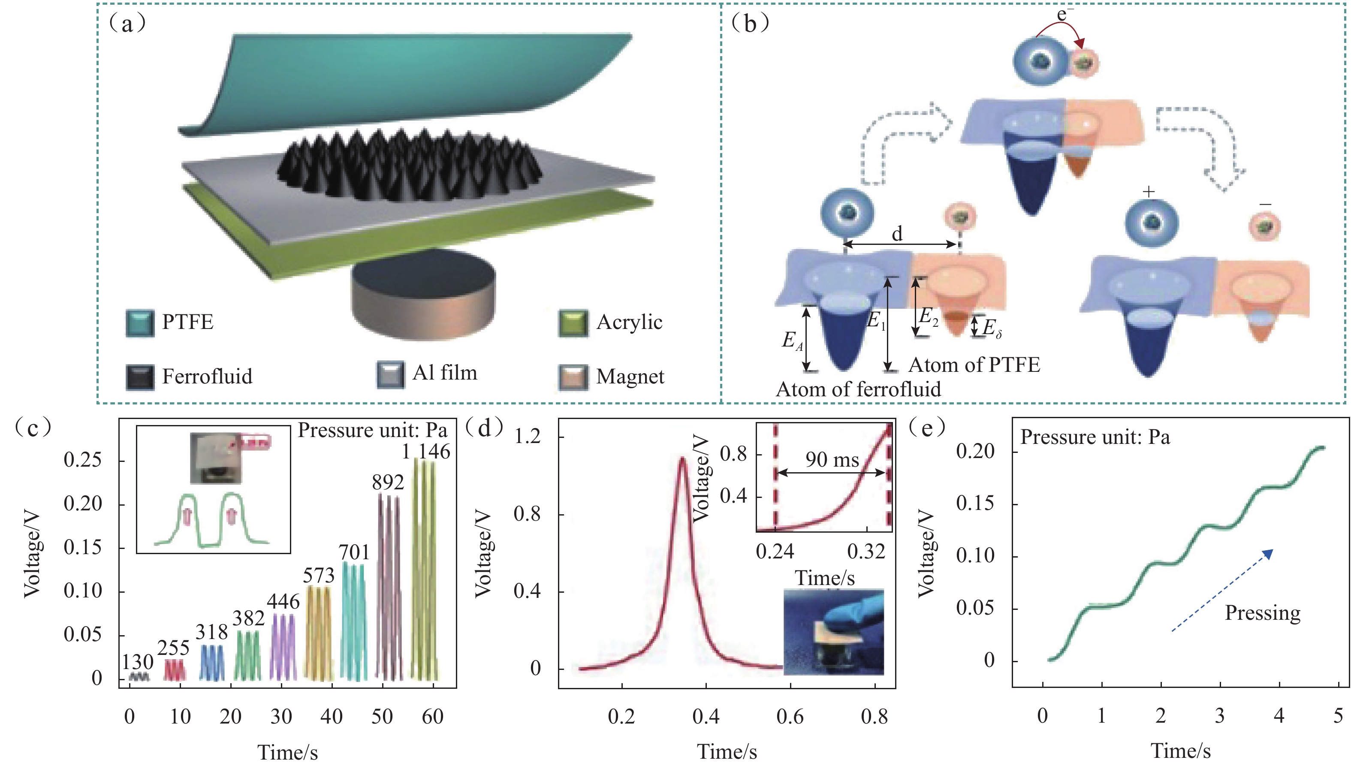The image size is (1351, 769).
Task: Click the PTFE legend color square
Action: pos(140,323)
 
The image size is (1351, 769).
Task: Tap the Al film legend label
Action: pos(445,373)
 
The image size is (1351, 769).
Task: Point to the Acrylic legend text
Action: pos(629,322)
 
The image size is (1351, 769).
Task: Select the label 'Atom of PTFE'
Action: pos(974,365)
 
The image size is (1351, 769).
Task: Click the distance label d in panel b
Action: pos(897,233)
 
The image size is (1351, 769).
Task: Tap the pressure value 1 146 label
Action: pos(426,452)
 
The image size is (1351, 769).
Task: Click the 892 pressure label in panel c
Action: pos(388,482)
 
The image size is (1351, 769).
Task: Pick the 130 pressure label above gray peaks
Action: pos(137,662)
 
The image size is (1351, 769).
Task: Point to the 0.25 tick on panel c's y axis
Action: pos(82,460)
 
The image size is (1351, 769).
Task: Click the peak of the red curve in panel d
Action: pos(682,459)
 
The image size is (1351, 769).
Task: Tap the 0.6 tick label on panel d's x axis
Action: pos(790,717)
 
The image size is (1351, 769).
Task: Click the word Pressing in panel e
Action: pos(1262,612)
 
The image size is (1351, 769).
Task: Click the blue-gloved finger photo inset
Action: pos(833,632)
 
